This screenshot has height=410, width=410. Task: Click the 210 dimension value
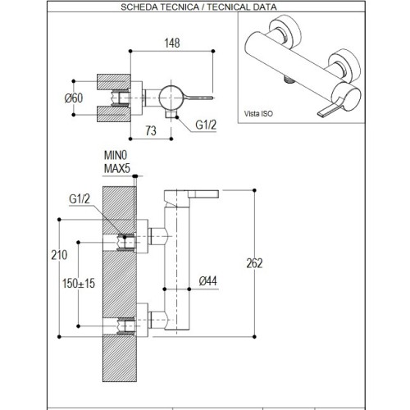point(56,255)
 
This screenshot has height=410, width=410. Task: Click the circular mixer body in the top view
point(171,96)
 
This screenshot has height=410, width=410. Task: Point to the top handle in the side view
point(193,197)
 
